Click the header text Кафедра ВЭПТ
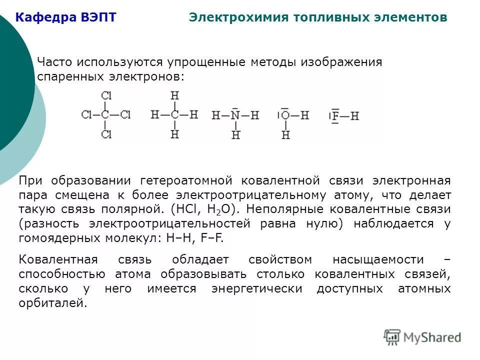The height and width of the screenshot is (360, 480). pos(65,18)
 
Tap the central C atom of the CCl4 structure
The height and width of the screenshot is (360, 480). pos(105,114)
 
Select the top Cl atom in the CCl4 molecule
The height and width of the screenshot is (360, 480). pos(106,95)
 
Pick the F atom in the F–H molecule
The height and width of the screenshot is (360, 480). pos(335,116)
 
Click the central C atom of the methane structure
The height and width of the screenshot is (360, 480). pos(174,114)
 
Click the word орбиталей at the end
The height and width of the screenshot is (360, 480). pos(52,303)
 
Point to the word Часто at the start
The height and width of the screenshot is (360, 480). pos(53,63)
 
